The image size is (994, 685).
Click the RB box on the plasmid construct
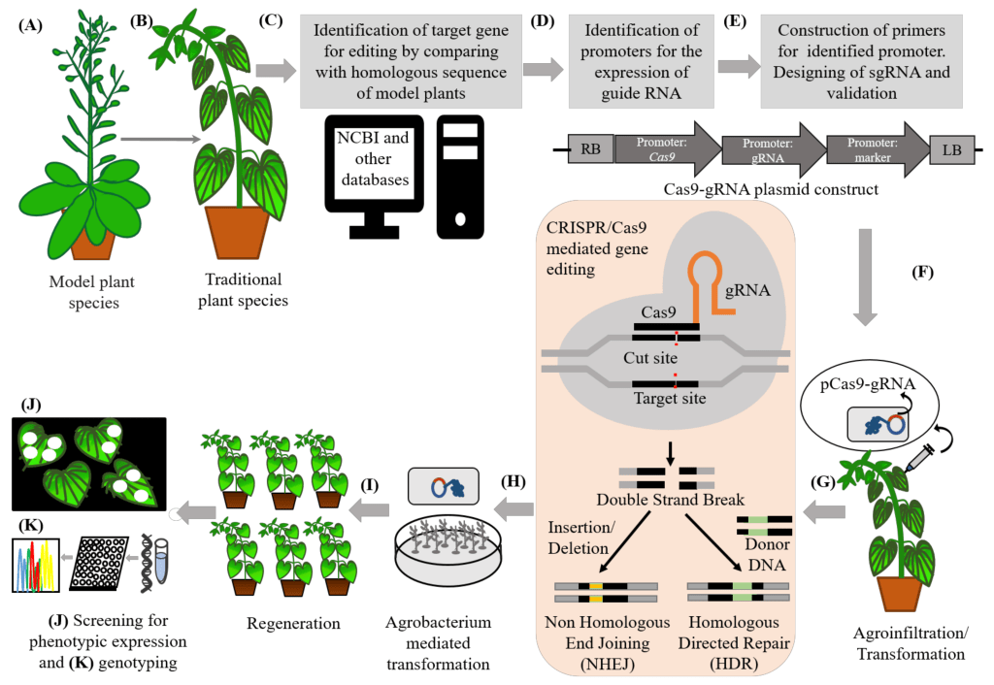click(590, 149)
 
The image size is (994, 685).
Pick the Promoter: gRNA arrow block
click(768, 148)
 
